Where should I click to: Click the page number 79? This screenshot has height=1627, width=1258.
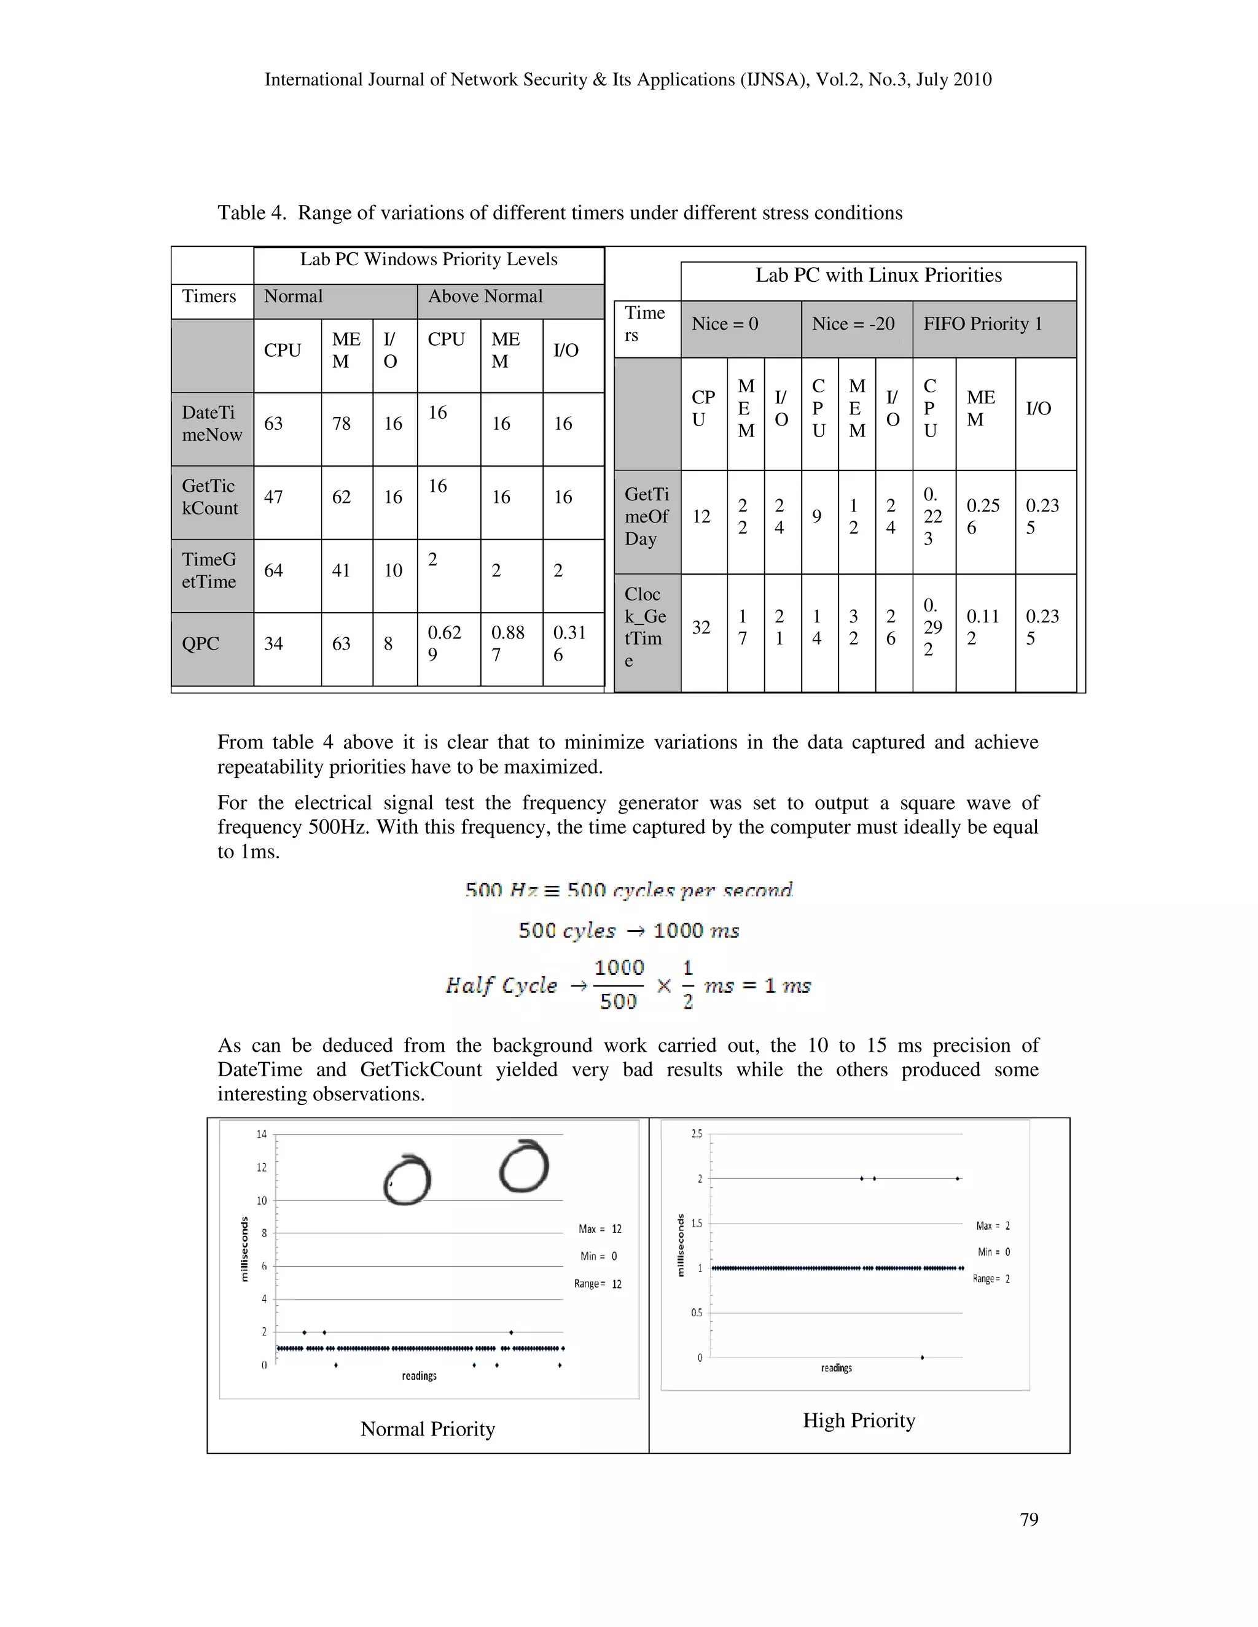(x=1028, y=1519)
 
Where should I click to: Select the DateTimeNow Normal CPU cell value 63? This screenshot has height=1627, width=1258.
(x=273, y=423)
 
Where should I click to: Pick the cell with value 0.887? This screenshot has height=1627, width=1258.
(x=507, y=643)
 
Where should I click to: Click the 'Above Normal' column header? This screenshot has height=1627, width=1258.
(x=485, y=297)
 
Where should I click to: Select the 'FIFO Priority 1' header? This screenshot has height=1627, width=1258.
(x=982, y=324)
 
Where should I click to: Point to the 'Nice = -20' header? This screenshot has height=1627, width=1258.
(x=853, y=324)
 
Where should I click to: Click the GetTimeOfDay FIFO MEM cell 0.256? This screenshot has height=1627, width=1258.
(x=983, y=516)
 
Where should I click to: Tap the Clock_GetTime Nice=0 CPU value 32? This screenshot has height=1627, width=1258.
(x=701, y=627)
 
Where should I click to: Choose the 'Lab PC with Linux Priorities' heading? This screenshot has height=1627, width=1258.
(x=878, y=276)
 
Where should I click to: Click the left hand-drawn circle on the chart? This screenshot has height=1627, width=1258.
(x=407, y=1181)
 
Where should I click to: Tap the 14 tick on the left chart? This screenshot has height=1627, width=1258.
(x=262, y=1134)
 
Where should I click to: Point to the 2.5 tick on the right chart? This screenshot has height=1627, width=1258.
(x=696, y=1133)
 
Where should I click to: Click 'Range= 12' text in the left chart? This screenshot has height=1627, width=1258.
(x=597, y=1284)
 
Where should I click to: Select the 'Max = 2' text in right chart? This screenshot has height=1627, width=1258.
(x=993, y=1225)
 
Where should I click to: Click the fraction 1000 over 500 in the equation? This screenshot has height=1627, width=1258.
(x=619, y=984)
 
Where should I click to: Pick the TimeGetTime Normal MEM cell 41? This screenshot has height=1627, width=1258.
(x=342, y=570)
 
